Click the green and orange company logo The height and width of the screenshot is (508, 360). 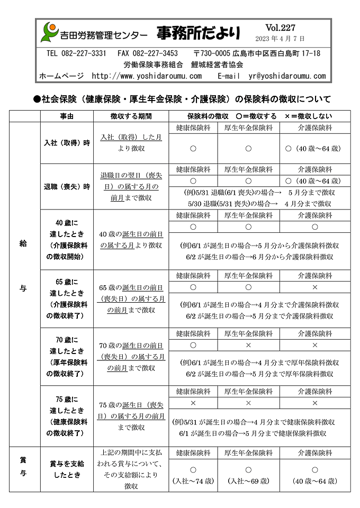point(49,32)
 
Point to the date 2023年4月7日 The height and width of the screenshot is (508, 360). point(280,39)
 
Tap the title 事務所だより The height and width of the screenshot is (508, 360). point(198,33)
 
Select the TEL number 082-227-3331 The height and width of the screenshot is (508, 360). point(76,53)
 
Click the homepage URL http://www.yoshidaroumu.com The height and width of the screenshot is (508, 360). point(147,76)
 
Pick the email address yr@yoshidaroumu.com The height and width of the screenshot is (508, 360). point(287,76)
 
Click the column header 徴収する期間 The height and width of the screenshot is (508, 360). point(131,116)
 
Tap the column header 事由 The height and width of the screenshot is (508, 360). point(67,116)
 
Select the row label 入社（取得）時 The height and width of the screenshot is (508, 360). point(67,143)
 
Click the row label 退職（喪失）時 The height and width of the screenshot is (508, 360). point(67,187)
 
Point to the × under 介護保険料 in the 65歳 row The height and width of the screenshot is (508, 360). point(315,287)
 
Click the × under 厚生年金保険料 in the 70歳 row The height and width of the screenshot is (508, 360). point(248,344)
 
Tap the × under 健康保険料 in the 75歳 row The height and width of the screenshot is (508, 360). point(193,403)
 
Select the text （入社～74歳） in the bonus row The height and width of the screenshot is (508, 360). point(193,481)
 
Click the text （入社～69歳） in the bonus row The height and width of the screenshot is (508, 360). point(248,481)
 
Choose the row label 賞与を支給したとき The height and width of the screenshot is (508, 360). point(67,469)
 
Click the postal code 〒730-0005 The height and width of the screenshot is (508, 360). point(212,53)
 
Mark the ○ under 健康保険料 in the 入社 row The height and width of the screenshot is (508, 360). point(193,149)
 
